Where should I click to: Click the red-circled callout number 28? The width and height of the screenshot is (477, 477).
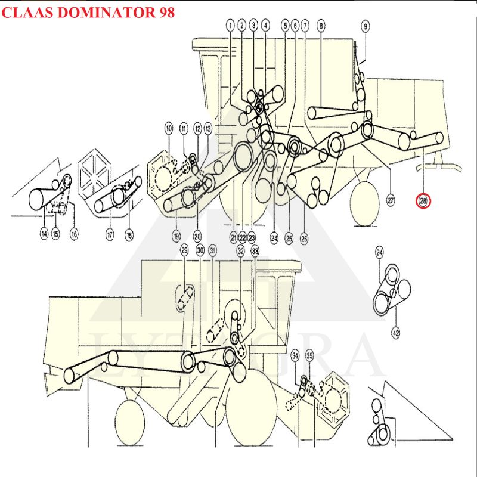tap(423, 201)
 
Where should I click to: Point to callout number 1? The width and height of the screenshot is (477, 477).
tap(230, 25)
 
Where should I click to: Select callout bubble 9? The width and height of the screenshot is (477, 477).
tap(366, 25)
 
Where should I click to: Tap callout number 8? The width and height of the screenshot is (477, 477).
tap(321, 25)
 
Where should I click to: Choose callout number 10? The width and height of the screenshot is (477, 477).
tap(169, 128)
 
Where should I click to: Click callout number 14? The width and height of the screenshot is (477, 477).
tap(44, 234)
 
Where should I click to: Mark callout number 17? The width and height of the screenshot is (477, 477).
tap(110, 235)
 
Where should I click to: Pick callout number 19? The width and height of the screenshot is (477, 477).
tap(176, 236)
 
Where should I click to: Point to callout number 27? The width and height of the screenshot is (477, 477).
tap(391, 201)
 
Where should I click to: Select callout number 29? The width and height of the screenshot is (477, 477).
tap(184, 251)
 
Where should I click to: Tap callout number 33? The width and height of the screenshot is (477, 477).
tap(255, 251)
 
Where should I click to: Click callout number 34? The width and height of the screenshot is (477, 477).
tap(295, 355)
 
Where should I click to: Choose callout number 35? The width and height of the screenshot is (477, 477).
tap(309, 355)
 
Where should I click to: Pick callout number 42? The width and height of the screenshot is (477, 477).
tap(395, 332)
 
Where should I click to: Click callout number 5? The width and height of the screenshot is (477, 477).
tap(285, 25)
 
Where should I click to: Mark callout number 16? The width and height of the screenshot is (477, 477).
tap(73, 234)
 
